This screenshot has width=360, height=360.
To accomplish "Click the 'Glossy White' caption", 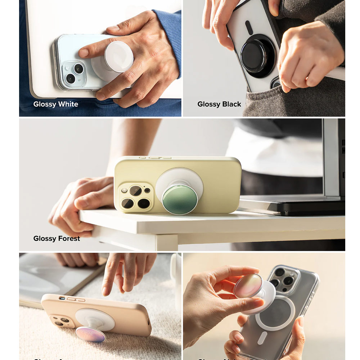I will tap(55, 104).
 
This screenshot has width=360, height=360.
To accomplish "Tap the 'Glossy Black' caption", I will tap(219, 104).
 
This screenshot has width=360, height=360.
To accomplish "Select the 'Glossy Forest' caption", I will tap(57, 238).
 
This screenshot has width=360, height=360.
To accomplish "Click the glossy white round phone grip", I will tap(118, 57).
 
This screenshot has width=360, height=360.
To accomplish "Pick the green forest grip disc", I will tap(180, 199).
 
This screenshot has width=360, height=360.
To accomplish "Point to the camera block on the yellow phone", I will tap(136, 197).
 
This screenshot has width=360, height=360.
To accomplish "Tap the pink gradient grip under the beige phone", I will tap(90, 334).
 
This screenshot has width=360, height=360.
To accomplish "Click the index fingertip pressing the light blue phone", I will tap(84, 53).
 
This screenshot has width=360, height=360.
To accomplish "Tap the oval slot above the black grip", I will tap(249, 28).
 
